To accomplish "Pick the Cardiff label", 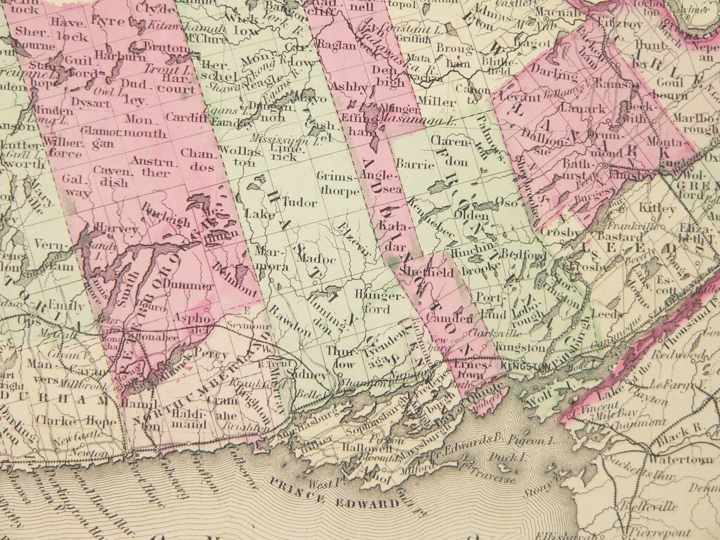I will [x=180, y=117].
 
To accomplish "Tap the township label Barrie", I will [x=415, y=164].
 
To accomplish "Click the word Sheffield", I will [x=427, y=272].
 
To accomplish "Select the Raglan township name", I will [x=336, y=45].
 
